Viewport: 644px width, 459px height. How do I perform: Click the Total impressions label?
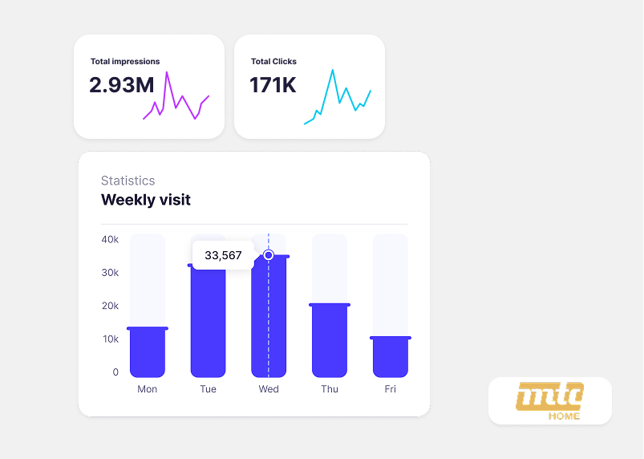pos(125,62)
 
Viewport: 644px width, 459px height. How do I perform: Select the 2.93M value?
pos(122,85)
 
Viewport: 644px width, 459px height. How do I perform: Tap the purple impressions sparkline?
pos(176,100)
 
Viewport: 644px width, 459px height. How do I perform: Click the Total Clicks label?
pos(273,62)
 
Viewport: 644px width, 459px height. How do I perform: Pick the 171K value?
pos(273,85)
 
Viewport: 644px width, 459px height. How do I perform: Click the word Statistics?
pos(128,181)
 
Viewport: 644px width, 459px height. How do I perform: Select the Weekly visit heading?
pos(146,200)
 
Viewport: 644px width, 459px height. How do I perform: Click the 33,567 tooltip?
pos(223,255)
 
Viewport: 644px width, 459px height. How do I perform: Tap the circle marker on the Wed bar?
pos(269,255)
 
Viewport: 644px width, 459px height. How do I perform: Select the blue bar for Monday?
pos(148,352)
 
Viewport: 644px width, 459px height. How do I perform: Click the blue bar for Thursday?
pos(330,341)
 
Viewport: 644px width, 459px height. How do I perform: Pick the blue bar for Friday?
pos(391,357)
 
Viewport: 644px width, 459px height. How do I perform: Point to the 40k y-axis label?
pos(110,239)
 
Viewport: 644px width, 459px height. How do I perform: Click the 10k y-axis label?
pos(110,339)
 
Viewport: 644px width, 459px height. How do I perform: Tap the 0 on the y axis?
pos(115,372)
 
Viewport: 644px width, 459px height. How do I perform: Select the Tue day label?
pos(208,389)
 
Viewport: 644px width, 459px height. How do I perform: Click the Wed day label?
pos(269,389)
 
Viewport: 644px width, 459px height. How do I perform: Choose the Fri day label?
pos(390,389)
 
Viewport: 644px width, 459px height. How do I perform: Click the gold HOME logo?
pos(550,400)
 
